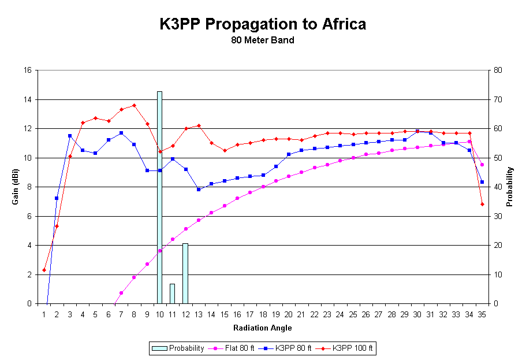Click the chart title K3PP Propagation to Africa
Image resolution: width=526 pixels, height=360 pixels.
pyautogui.click(x=263, y=25)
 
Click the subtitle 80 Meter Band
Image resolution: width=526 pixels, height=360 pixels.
pyautogui.click(x=263, y=40)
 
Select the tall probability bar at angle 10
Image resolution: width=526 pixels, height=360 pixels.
pyautogui.click(x=159, y=196)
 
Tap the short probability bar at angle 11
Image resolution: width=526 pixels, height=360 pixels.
pyautogui.click(x=172, y=293)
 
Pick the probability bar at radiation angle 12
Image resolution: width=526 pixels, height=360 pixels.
pyautogui.click(x=185, y=273)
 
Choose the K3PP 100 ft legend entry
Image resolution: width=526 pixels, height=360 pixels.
pyautogui.click(x=354, y=348)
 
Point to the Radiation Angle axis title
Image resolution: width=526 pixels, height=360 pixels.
pyautogui.click(x=263, y=328)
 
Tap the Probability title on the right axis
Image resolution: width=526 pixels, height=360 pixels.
pyautogui.click(x=510, y=187)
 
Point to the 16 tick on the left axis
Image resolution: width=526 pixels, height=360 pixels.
pyautogui.click(x=27, y=70)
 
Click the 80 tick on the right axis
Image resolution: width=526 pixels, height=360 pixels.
pyautogui.click(x=498, y=70)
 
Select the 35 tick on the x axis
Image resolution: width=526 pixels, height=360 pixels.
pyautogui.click(x=482, y=314)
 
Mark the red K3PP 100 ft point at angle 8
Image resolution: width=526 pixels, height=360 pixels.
pyautogui.click(x=134, y=105)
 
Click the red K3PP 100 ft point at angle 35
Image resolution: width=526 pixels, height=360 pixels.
pyautogui.click(x=482, y=204)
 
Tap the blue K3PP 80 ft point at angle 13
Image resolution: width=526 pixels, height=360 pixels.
pyautogui.click(x=198, y=190)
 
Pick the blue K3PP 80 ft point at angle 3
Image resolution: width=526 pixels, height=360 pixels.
pyautogui.click(x=70, y=136)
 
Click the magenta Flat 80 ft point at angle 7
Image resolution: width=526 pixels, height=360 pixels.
pyautogui.click(x=121, y=293)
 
